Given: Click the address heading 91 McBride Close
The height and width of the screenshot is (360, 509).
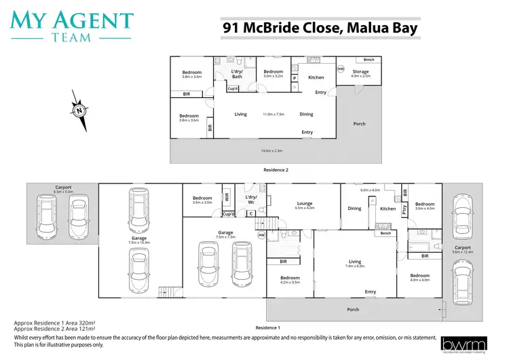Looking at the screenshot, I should pyautogui.click(x=319, y=28).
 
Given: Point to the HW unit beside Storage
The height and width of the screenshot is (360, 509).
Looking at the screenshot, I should pyautogui.click(x=341, y=69).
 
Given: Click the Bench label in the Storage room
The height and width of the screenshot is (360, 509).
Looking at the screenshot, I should pyautogui.click(x=369, y=60).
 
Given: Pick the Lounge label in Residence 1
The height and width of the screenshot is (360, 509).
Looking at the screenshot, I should pyautogui.click(x=304, y=204).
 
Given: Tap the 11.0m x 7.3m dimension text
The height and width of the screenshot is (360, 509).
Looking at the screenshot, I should pyautogui.click(x=274, y=114).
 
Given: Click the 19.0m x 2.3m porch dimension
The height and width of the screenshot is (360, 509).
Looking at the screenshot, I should pyautogui.click(x=271, y=151).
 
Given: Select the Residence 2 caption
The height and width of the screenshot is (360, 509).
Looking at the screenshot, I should pyautogui.click(x=276, y=169).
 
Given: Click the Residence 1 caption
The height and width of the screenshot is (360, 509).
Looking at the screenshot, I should pyautogui.click(x=267, y=327).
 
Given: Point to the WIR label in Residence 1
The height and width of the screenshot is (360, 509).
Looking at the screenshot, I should pyautogui.click(x=227, y=197).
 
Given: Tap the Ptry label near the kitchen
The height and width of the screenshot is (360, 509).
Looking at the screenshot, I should pyautogui.click(x=404, y=210).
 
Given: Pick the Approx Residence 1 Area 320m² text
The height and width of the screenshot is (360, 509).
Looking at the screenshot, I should pyautogui.click(x=54, y=323).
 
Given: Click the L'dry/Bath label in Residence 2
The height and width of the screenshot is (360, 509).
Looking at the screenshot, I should pyautogui.click(x=237, y=74).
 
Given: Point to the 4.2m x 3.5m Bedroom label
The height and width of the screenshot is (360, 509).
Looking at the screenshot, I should pyautogui.click(x=290, y=280).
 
